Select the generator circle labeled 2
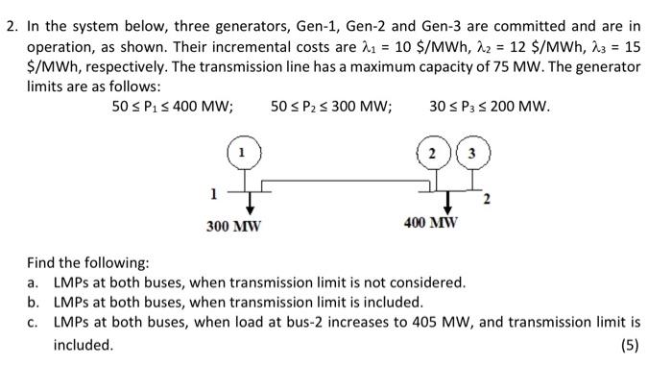pyautogui.click(x=434, y=154)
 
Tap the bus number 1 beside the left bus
pyautogui.click(x=213, y=193)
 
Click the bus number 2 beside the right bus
pyautogui.click(x=488, y=200)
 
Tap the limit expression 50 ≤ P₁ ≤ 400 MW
pyautogui.click(x=173, y=106)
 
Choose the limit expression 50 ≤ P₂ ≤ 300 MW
pyautogui.click(x=331, y=106)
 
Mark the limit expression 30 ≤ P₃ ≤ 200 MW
pyautogui.click(x=491, y=106)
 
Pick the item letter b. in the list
pyautogui.click(x=33, y=302)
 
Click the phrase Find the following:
pyautogui.click(x=87, y=261)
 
